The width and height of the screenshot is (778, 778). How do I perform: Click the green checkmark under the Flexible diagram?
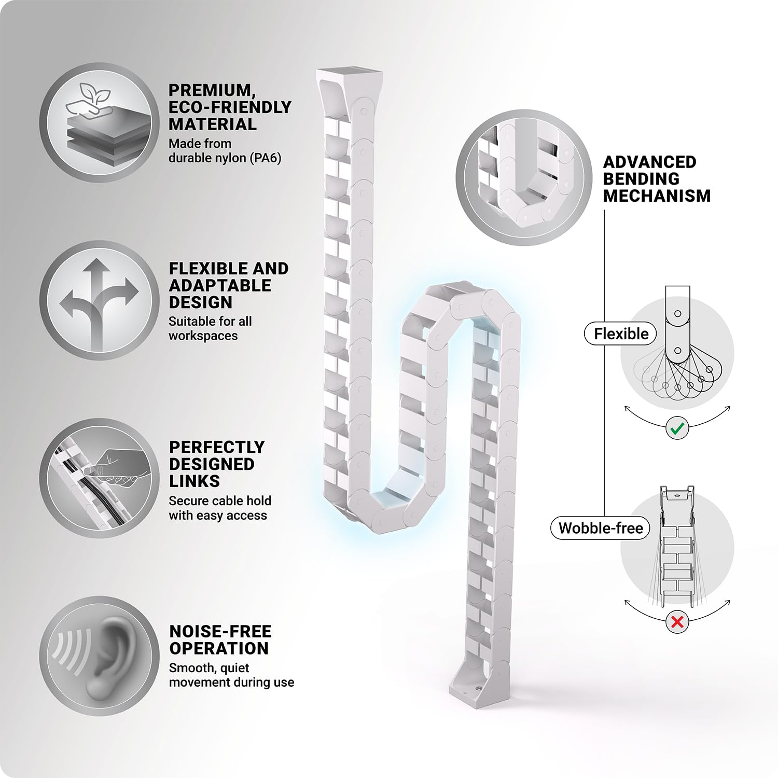(677, 428)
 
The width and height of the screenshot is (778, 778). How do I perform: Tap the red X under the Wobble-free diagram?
(677, 621)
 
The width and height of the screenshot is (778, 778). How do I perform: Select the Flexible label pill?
(621, 334)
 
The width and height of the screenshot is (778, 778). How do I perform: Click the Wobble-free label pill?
(600, 528)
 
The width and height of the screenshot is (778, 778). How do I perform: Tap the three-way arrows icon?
(99, 301)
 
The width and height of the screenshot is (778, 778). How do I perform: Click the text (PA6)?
(266, 158)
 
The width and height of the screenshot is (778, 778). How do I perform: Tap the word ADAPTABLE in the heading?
(220, 285)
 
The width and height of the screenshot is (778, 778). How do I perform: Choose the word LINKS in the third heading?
(195, 481)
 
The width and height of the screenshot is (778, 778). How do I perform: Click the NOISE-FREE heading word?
(220, 631)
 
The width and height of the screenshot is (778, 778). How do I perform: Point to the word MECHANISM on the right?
(657, 196)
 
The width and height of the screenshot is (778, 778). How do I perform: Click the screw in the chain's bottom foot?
(477, 688)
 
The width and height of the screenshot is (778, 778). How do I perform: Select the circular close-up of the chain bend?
(524, 177)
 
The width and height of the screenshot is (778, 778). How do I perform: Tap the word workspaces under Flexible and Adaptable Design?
(203, 336)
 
